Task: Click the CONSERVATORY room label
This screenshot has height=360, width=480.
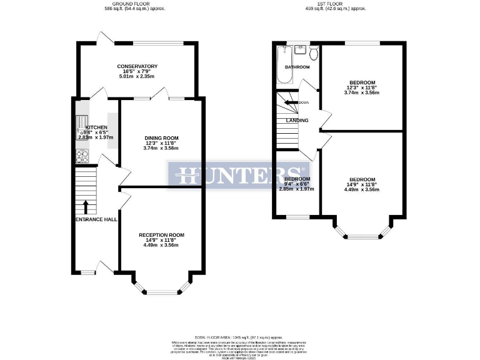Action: tap(137, 66)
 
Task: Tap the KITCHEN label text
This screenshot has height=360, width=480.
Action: tap(88, 127)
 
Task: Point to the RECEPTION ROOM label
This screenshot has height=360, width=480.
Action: tap(161, 235)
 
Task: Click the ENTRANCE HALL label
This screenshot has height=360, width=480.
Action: tap(96, 219)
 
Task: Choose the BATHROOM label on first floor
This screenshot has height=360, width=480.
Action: tap(297, 67)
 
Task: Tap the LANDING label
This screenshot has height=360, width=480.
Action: tap(297, 120)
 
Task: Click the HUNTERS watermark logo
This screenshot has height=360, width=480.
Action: tap(239, 174)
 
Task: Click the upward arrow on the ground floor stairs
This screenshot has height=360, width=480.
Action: tap(86, 206)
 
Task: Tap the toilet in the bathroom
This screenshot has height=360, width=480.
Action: tap(314, 52)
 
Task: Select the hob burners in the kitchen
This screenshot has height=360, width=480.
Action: tap(81, 156)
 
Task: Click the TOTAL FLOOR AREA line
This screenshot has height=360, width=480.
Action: tap(239, 337)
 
